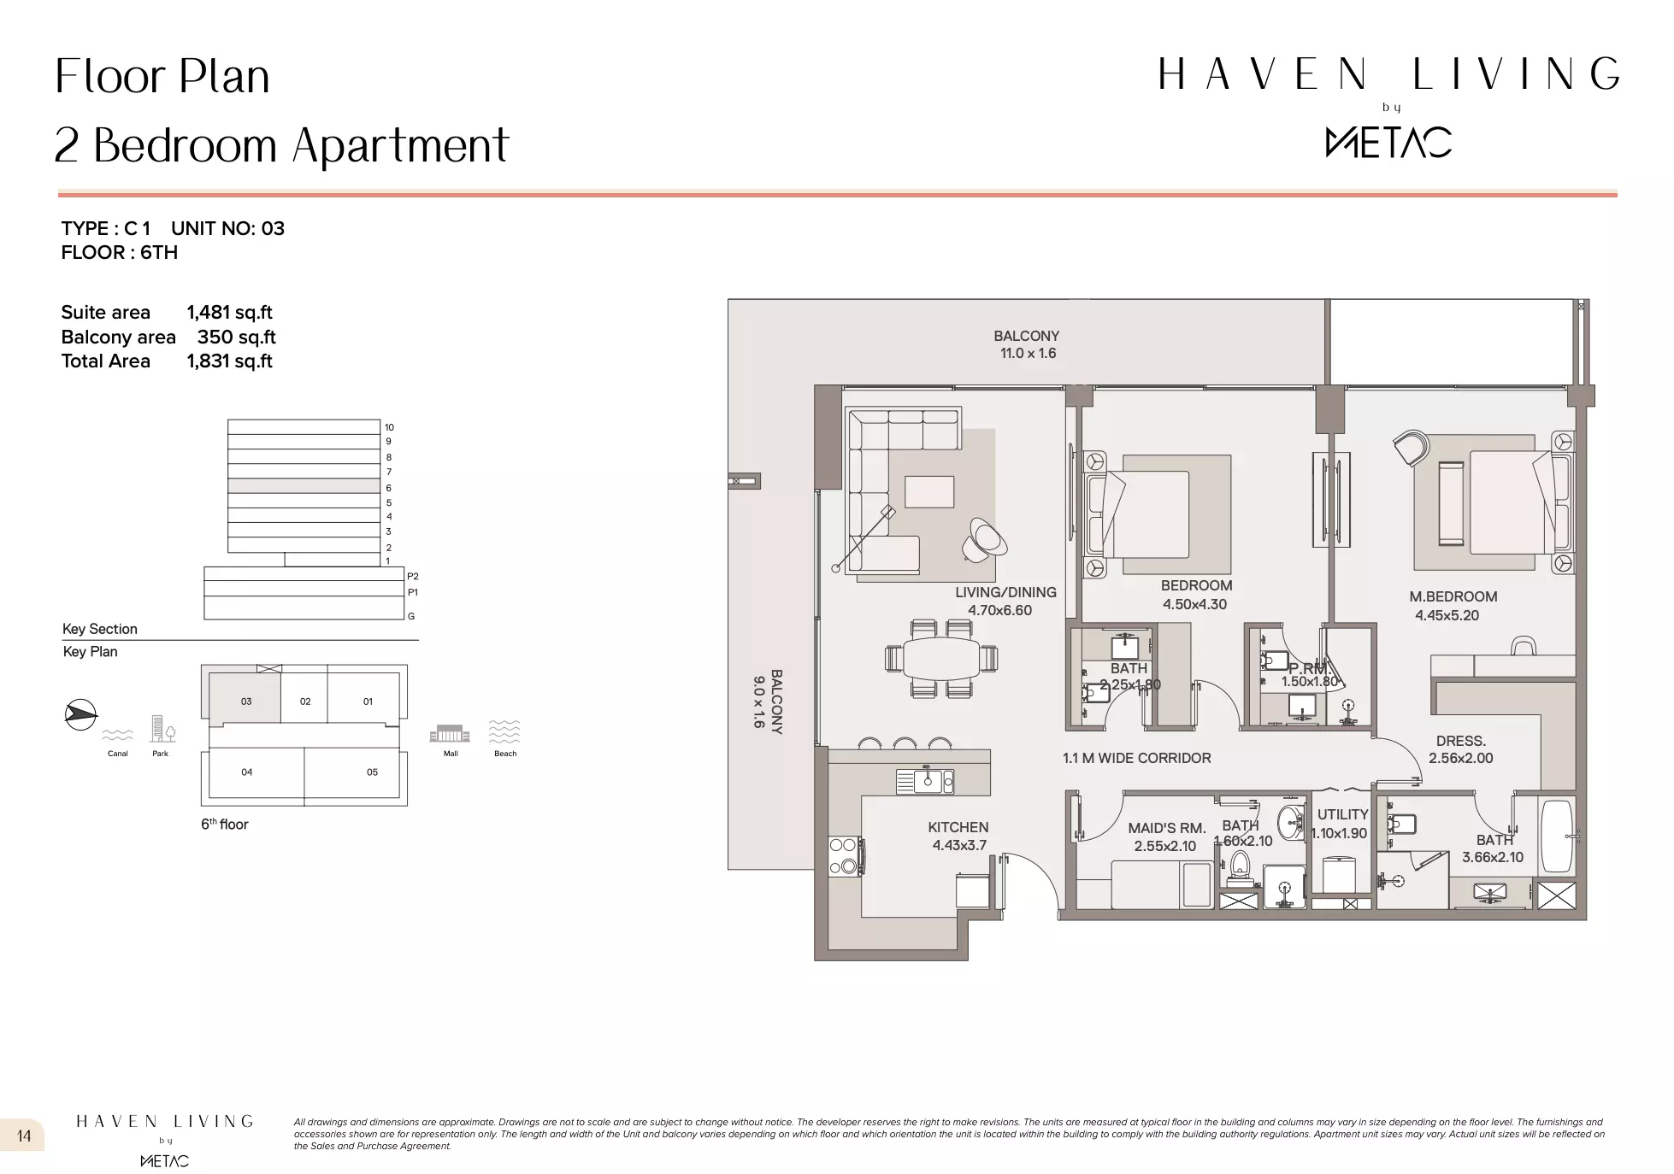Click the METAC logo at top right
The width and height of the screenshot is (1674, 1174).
click(x=1388, y=142)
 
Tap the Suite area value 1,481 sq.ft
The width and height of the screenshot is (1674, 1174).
click(x=229, y=313)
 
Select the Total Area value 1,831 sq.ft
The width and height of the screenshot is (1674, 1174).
click(x=229, y=361)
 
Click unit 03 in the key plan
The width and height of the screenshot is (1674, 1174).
click(x=245, y=701)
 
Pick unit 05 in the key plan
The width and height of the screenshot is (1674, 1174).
click(x=372, y=772)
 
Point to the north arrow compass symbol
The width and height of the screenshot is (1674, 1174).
click(x=80, y=714)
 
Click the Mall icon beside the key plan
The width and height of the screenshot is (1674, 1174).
click(x=450, y=734)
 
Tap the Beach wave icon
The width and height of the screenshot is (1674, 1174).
click(x=504, y=732)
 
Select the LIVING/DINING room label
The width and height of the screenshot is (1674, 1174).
click(x=1005, y=592)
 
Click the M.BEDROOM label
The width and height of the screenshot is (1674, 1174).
click(x=1453, y=596)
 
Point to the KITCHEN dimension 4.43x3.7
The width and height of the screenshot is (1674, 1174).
click(x=959, y=846)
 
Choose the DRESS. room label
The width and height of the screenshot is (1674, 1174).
click(x=1460, y=741)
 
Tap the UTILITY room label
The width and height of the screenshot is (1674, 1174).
click(x=1342, y=814)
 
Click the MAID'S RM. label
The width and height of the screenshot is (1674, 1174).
click(x=1166, y=828)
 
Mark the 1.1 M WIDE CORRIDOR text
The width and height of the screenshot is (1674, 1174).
click(x=1136, y=758)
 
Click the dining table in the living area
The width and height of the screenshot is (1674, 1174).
click(x=941, y=659)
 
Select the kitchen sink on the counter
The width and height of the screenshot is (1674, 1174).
click(x=925, y=781)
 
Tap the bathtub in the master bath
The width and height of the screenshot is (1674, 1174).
click(x=1556, y=837)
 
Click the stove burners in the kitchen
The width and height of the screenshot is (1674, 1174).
click(x=844, y=855)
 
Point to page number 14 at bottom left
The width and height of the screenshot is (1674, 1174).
click(x=24, y=1136)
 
